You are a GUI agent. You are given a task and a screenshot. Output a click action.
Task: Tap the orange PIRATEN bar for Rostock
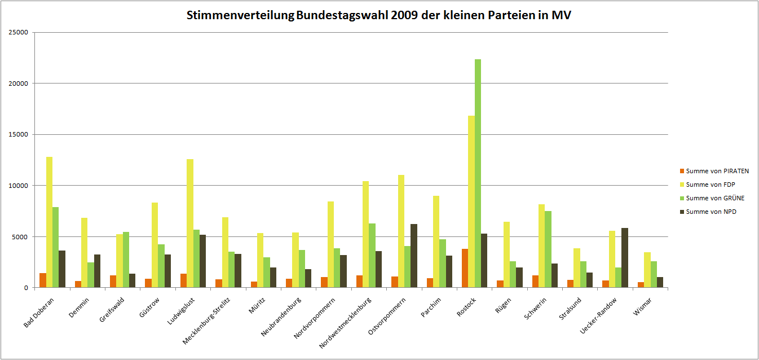click(465, 268)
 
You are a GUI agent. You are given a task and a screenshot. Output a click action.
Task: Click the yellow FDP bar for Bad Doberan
click(49, 222)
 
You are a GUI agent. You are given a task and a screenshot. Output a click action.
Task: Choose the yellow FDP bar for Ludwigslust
click(190, 223)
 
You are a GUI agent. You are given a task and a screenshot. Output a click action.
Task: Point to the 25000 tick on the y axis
click(19, 33)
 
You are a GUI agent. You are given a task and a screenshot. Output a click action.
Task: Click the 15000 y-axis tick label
click(19, 135)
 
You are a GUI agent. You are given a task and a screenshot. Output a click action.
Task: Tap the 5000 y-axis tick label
click(21, 237)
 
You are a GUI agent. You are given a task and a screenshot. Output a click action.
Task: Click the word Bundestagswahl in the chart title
click(341, 16)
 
